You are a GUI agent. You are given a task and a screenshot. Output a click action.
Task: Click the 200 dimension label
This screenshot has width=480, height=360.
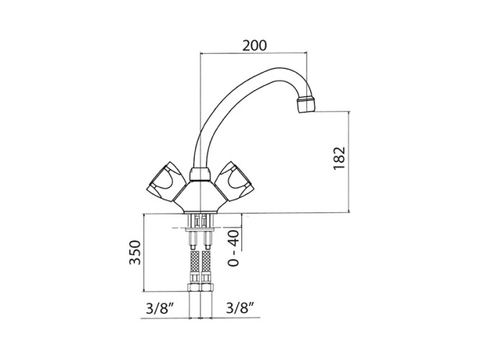point(254,45)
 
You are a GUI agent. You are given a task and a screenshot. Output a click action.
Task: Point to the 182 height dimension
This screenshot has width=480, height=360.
point(339,158)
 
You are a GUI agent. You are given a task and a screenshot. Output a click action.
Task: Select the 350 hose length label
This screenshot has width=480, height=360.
point(135,253)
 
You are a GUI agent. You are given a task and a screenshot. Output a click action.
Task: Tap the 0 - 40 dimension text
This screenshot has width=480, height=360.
point(234,248)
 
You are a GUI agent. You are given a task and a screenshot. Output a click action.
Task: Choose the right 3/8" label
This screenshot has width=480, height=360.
point(240,308)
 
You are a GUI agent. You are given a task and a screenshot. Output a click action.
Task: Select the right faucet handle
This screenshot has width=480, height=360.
point(235,181)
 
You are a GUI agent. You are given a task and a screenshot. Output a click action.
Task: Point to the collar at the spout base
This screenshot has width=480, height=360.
point(200,174)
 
